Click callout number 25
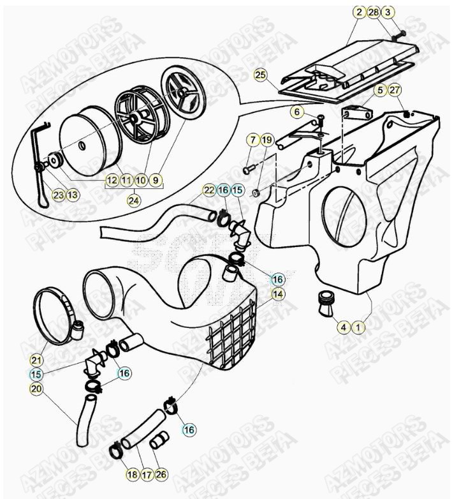point(259,75)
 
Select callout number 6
point(297,112)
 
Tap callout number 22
point(209,190)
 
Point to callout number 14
point(277,294)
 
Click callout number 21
point(37,360)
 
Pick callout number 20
point(37,389)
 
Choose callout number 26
point(161,474)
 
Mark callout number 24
point(133,200)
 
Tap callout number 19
point(267,139)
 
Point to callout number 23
point(58,195)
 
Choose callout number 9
point(156,181)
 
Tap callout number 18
point(132,474)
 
